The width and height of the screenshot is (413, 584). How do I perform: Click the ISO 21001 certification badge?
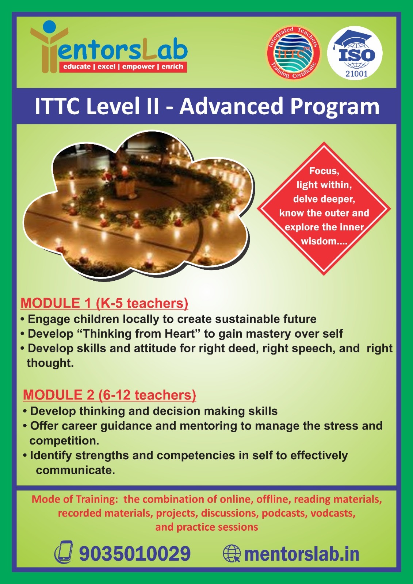pos(355,53)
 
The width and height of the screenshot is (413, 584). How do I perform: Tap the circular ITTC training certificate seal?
pos(293,53)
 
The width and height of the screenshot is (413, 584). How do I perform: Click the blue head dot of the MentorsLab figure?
pos(49,27)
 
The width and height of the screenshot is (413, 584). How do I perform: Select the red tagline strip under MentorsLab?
pos(123,67)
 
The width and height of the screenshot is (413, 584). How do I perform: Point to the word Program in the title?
pos(335,107)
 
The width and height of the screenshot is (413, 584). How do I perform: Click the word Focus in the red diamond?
pos(324,171)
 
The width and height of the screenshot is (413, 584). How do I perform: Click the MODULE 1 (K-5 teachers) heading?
pos(104,303)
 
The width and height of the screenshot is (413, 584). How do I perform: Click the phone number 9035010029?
pos(135,553)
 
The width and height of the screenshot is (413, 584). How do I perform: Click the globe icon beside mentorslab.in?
pos(232,553)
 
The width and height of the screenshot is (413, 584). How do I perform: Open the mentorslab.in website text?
pos(302,554)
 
